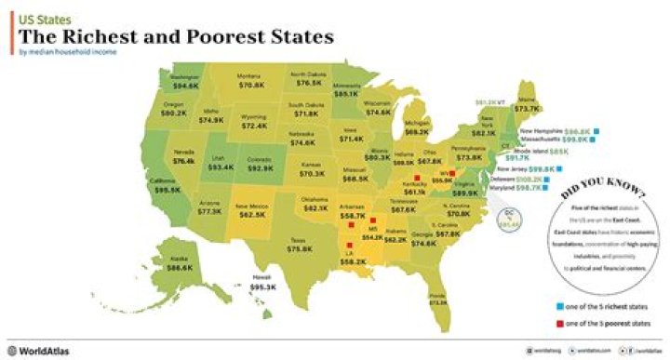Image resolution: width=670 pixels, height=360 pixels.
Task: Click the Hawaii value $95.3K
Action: (x=263, y=287)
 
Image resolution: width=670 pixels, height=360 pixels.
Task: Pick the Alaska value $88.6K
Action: (x=178, y=267)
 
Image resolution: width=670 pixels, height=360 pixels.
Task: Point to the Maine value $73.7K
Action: (x=527, y=109)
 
